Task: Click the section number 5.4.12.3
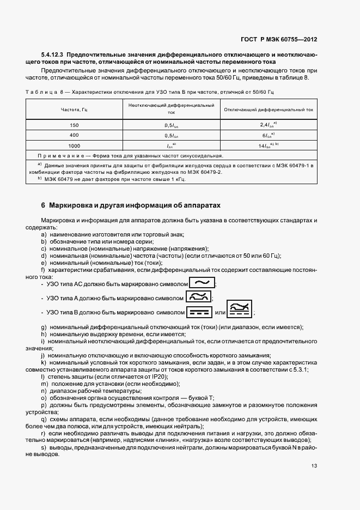(53, 56)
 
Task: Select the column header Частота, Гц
(75, 110)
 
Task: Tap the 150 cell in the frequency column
(75, 125)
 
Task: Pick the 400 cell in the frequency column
(75, 135)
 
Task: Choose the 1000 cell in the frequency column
(75, 145)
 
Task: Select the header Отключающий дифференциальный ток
(269, 110)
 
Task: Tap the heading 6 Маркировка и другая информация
(131, 205)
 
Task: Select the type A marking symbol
(198, 297)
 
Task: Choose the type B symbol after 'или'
(240, 310)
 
